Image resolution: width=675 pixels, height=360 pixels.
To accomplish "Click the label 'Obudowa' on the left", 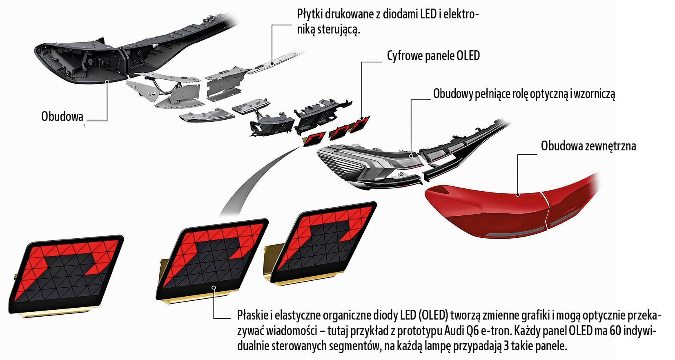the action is pyautogui.click(x=62, y=117).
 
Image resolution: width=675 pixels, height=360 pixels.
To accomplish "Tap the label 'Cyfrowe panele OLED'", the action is pyautogui.click(x=433, y=56).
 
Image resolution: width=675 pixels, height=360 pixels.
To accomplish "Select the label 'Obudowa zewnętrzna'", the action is pyautogui.click(x=588, y=146).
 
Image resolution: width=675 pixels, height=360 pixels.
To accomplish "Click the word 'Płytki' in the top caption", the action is pyautogui.click(x=312, y=14).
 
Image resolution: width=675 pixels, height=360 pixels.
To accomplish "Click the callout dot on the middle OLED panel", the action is pyautogui.click(x=214, y=287).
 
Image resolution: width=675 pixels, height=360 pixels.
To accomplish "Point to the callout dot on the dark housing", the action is pyautogui.click(x=107, y=81).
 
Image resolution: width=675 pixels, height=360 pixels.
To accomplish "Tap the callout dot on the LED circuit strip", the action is pyautogui.click(x=272, y=64).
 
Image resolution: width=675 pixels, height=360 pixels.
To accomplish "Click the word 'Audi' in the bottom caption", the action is pyautogui.click(x=455, y=331).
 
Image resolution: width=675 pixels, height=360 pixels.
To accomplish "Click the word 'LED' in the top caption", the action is pyautogui.click(x=428, y=14).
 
